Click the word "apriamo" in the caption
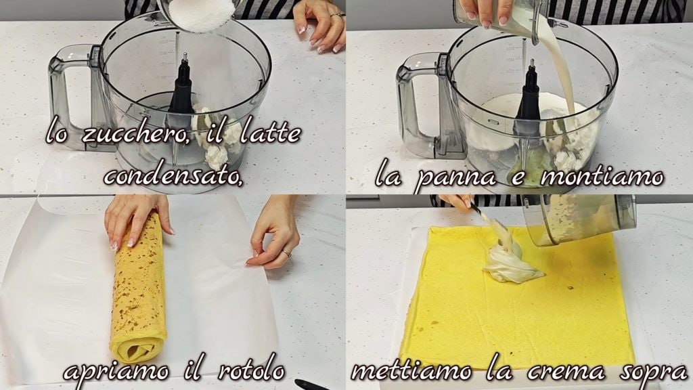click(x=116, y=371)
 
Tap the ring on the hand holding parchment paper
click(x=287, y=253)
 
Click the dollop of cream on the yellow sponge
click(x=510, y=261)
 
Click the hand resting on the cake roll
click(x=135, y=219)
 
